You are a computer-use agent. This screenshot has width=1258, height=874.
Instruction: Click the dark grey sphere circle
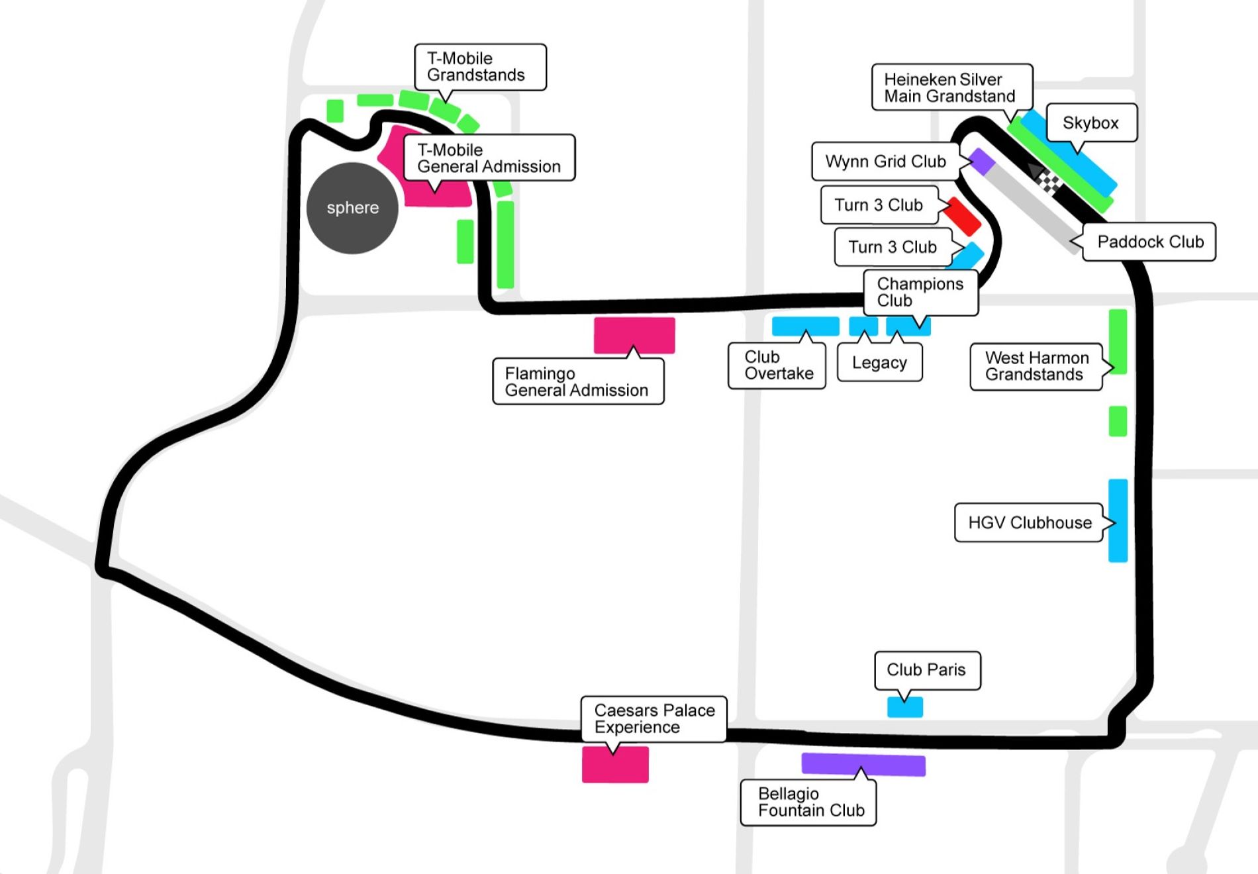pyautogui.click(x=352, y=208)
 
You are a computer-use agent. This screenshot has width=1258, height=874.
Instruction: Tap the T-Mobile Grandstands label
pyautogui.click(x=480, y=67)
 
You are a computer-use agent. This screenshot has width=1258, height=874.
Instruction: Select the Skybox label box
pyautogui.click(x=1091, y=122)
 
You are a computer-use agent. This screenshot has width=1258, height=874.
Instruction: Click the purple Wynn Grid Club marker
pyautogui.click(x=981, y=162)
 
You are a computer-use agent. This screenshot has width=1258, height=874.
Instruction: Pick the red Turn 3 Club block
pyautogui.click(x=963, y=217)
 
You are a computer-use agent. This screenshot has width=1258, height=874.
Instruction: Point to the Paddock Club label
pyautogui.click(x=1150, y=242)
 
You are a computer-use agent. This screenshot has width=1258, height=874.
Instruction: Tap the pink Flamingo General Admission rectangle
pyautogui.click(x=634, y=334)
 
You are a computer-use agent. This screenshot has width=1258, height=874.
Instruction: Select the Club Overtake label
pyautogui.click(x=777, y=365)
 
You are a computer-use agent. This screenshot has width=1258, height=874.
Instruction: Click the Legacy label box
pyautogui.click(x=879, y=363)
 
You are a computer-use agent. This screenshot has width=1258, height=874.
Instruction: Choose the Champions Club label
pyautogui.click(x=920, y=292)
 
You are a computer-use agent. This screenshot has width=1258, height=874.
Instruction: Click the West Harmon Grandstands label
pyautogui.click(x=1036, y=366)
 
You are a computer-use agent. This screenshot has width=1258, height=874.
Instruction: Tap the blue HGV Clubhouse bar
pyautogui.click(x=1118, y=520)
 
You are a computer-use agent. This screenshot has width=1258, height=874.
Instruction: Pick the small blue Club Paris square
pyautogui.click(x=905, y=707)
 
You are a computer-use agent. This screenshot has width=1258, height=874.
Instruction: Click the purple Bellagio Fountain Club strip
pyautogui.click(x=863, y=764)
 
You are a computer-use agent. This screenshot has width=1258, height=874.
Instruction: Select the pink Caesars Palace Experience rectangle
pyautogui.click(x=615, y=765)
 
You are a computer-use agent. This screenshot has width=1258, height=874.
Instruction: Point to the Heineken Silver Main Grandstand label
pyautogui.click(x=951, y=87)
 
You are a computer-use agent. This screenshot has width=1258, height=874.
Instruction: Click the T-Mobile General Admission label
pyautogui.click(x=489, y=158)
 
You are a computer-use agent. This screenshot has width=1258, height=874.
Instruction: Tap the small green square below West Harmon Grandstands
pyautogui.click(x=1118, y=421)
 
